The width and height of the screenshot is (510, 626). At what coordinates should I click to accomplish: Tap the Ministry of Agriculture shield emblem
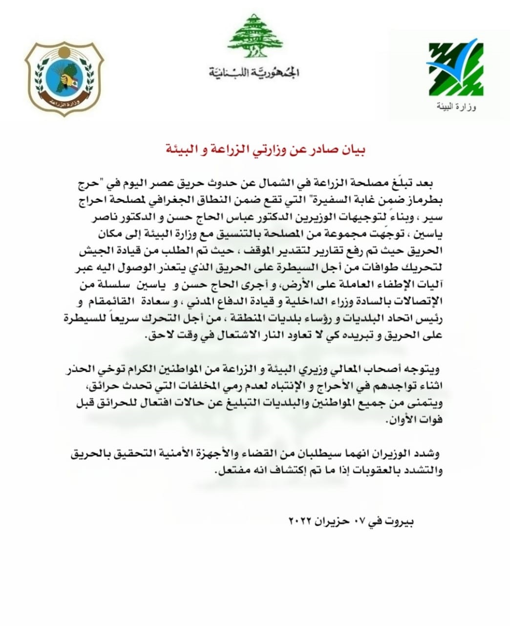pyautogui.click(x=64, y=78)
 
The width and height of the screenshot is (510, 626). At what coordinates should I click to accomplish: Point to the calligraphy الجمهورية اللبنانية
pyautogui.click(x=254, y=73)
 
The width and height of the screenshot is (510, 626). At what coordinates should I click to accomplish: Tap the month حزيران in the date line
pyautogui.click(x=335, y=520)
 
